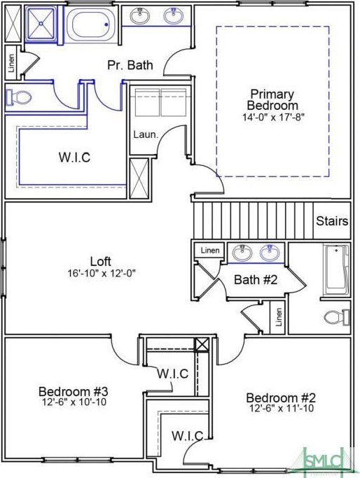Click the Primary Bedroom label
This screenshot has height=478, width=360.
tap(272, 99)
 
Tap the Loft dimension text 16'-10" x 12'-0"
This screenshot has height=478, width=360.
tap(102, 273)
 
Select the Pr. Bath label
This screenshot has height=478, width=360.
tap(130, 65)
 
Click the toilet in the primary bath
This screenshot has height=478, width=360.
tap(19, 97)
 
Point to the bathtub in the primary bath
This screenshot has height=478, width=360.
tap(89, 24)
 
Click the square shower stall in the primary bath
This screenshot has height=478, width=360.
tap(41, 24)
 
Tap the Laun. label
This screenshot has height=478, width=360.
tap(146, 134)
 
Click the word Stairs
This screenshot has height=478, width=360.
tap(332, 220)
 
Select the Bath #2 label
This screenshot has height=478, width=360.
tap(256, 279)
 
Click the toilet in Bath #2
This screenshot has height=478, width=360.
tap(337, 317)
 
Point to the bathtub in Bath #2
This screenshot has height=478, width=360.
tap(337, 270)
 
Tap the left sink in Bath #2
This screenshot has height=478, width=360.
tap(242, 252)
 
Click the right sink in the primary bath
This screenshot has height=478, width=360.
tap(174, 15)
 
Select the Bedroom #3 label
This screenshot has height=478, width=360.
tap(74, 391)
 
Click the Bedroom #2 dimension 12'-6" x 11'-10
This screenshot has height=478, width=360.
tap(282, 408)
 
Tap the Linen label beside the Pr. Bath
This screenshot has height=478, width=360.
tap(12, 63)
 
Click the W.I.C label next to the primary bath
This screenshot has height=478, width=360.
tap(74, 157)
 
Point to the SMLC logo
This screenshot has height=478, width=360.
tap(324, 462)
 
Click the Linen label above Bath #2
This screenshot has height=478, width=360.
tap(210, 251)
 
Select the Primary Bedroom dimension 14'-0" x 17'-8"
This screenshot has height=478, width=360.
tap(274, 117)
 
